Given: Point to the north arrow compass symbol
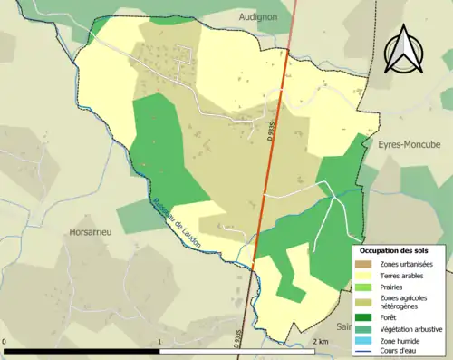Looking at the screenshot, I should [x=404, y=50].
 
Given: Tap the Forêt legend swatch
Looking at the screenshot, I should [x=366, y=317].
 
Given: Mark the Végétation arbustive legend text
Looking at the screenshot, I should [x=413, y=328].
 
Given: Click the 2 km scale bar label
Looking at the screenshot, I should [x=320, y=341].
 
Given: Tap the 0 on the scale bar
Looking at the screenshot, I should [x=5, y=341].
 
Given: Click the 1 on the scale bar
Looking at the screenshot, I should [x=159, y=341].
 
